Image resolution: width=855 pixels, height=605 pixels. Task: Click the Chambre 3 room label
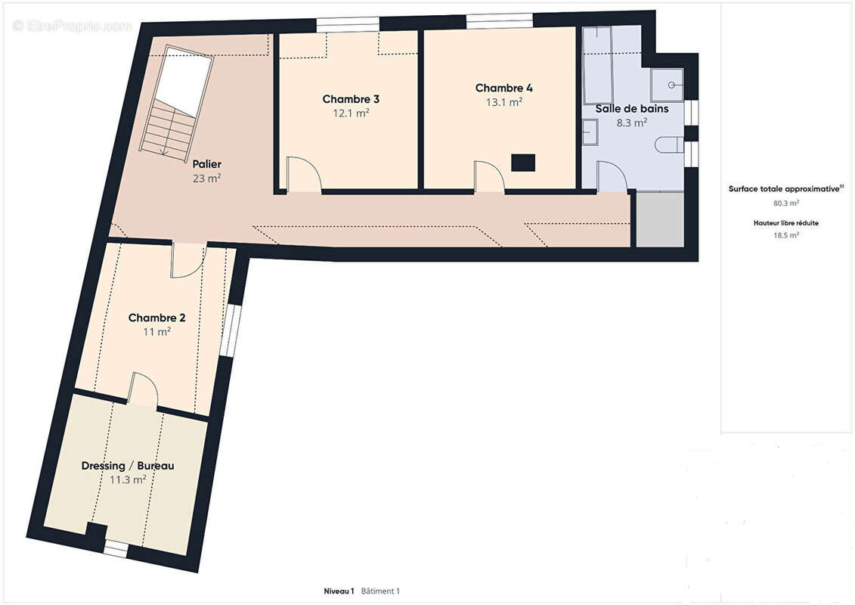pyautogui.click(x=351, y=99)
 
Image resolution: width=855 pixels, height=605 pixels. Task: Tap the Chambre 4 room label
pyautogui.click(x=503, y=88)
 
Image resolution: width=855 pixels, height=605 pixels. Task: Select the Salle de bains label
pyautogui.click(x=631, y=109)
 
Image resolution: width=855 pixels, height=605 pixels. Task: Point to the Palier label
pyautogui.click(x=206, y=164)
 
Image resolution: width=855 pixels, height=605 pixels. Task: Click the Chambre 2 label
pyautogui.click(x=156, y=318)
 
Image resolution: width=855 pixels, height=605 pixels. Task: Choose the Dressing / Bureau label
pyautogui.click(x=128, y=466)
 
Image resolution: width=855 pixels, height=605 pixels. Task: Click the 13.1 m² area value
pyautogui.click(x=504, y=102)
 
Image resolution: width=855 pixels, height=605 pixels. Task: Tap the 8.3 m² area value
pyautogui.click(x=631, y=123)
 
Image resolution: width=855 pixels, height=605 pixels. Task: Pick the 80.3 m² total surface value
pyautogui.click(x=785, y=203)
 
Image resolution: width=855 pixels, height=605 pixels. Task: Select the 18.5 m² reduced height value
pyautogui.click(x=785, y=235)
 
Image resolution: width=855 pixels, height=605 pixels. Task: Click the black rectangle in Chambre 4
pyautogui.click(x=523, y=163)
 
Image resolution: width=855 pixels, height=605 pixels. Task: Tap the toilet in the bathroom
pyautogui.click(x=668, y=144)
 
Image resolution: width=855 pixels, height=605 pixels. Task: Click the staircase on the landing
pyautogui.click(x=176, y=102)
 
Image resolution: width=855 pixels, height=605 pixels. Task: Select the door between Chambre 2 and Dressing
pyautogui.click(x=144, y=389)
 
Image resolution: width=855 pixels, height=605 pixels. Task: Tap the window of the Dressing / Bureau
pyautogui.click(x=116, y=548)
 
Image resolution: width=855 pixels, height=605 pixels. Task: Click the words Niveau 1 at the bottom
pyautogui.click(x=339, y=591)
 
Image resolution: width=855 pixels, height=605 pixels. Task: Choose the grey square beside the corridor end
pyautogui.click(x=660, y=219)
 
